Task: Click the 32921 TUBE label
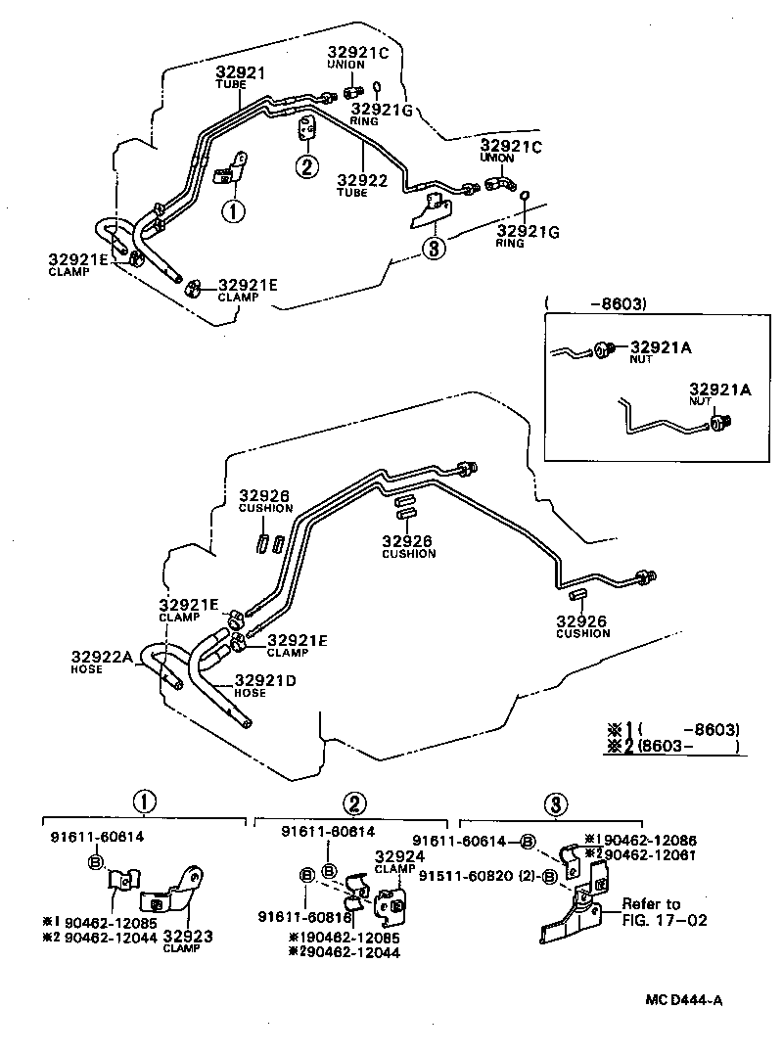(x=240, y=75)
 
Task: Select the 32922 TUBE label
(x=361, y=185)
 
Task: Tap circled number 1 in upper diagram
(x=233, y=210)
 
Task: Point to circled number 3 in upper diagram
(x=435, y=249)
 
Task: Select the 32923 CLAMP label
(x=188, y=940)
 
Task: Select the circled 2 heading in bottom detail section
(x=355, y=803)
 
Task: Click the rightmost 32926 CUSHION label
(x=582, y=626)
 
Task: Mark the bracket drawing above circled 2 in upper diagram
(x=306, y=129)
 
